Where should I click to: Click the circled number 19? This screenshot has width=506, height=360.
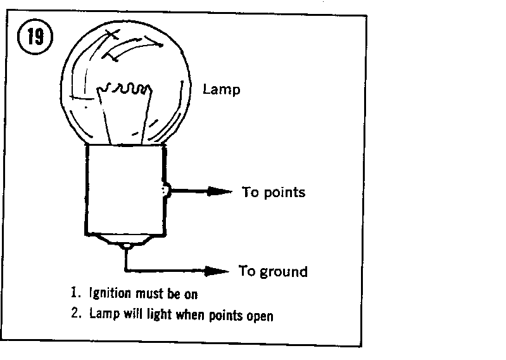pos(35,37)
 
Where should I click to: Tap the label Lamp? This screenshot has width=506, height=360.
pos(222,89)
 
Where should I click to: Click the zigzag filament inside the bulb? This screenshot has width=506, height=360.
pos(125,88)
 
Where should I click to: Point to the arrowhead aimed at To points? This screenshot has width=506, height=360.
pos(219,191)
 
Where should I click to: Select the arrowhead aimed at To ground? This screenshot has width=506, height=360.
pos(217,271)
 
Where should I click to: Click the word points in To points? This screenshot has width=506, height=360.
pos(284,193)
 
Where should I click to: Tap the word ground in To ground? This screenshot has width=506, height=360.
pos(284,272)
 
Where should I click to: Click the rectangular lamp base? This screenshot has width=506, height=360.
pos(126,190)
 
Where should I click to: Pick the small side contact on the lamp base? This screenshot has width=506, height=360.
pos(166,191)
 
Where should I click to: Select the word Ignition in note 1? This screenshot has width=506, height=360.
pos(110,293)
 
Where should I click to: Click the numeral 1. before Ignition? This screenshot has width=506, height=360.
pos(75,292)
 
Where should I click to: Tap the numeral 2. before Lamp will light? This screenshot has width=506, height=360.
pos(76,312)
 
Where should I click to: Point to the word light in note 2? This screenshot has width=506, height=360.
pos(159,314)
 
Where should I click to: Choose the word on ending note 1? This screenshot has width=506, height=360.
pos(191,295)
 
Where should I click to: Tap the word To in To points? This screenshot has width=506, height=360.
pos(250,192)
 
